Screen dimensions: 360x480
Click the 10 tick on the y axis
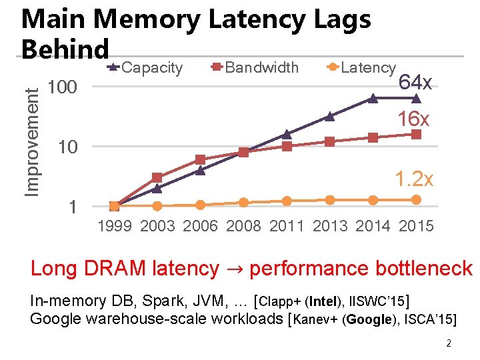click(68, 147)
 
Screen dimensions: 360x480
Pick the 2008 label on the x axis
click(243, 226)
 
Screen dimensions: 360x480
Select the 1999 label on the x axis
click(114, 226)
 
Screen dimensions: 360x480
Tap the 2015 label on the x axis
click(416, 226)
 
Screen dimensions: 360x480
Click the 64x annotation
click(415, 83)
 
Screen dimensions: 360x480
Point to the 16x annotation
click(413, 119)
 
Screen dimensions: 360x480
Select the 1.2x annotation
click(413, 179)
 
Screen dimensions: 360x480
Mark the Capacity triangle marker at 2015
click(416, 98)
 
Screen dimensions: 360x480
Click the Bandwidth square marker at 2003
click(157, 177)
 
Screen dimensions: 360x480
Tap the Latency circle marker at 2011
click(287, 201)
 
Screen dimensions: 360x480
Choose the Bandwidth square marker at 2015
click(416, 134)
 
